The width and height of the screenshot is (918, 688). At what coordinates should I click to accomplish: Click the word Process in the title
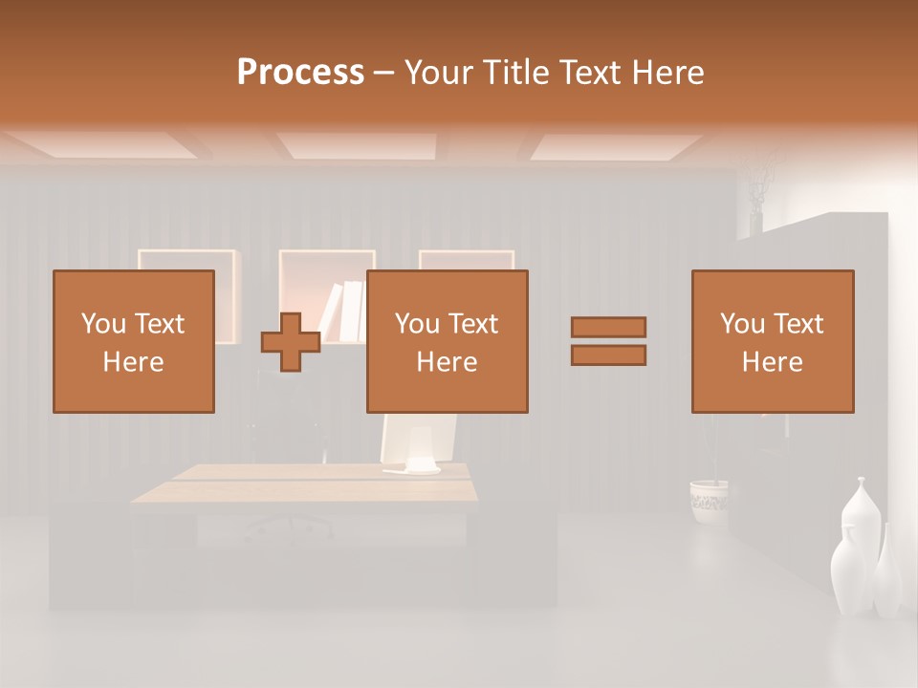coord(300,72)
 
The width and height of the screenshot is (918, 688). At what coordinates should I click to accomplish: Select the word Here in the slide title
coord(666,72)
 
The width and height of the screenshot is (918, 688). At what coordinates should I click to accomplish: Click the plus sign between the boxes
coord(291,341)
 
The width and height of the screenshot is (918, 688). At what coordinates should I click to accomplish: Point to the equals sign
coord(608,341)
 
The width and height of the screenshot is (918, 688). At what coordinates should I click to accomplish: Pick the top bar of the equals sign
coord(608,327)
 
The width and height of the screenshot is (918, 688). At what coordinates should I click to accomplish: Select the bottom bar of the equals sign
coord(608,355)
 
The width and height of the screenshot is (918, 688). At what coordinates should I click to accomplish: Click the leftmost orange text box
coord(134,341)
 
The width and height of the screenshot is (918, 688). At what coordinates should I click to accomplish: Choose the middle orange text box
coord(447,341)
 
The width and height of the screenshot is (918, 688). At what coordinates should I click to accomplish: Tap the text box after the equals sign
coord(772,341)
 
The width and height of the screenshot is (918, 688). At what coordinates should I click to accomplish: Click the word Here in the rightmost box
coord(772,362)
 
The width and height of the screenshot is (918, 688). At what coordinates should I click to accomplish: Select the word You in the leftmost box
coord(102,324)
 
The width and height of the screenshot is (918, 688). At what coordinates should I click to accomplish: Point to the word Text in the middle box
coord(473,324)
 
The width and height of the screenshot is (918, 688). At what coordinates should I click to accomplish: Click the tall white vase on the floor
coord(855,554)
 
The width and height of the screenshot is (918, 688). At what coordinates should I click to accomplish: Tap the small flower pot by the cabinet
coord(709,500)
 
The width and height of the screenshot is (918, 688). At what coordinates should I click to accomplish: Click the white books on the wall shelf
coord(344,311)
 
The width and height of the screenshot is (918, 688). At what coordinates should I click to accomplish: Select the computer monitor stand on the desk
coord(412,467)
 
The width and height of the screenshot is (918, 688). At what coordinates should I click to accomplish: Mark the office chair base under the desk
coord(287,527)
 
